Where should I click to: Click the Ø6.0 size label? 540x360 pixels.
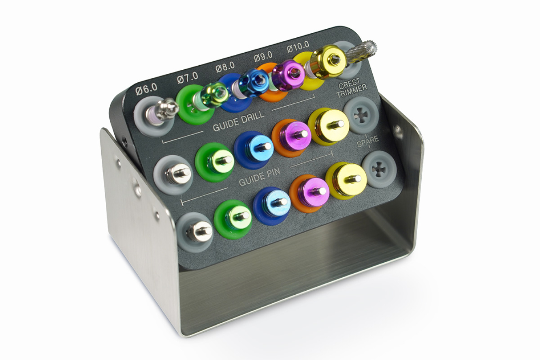[x=147, y=89]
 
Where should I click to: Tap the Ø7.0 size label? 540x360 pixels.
[x=188, y=78]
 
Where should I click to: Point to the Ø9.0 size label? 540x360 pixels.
[x=263, y=56]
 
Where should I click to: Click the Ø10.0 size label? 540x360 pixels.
[x=298, y=46]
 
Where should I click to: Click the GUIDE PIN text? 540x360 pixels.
[x=259, y=177]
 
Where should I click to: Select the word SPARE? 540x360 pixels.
[x=368, y=141]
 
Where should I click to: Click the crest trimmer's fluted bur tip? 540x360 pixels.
[x=362, y=53]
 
